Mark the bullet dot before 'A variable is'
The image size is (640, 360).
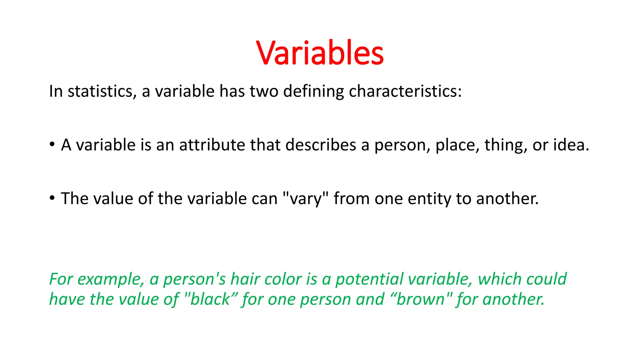click(52, 145)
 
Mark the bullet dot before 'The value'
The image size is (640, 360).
click(52, 198)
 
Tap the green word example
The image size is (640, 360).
click(111, 279)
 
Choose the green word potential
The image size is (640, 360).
click(369, 279)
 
